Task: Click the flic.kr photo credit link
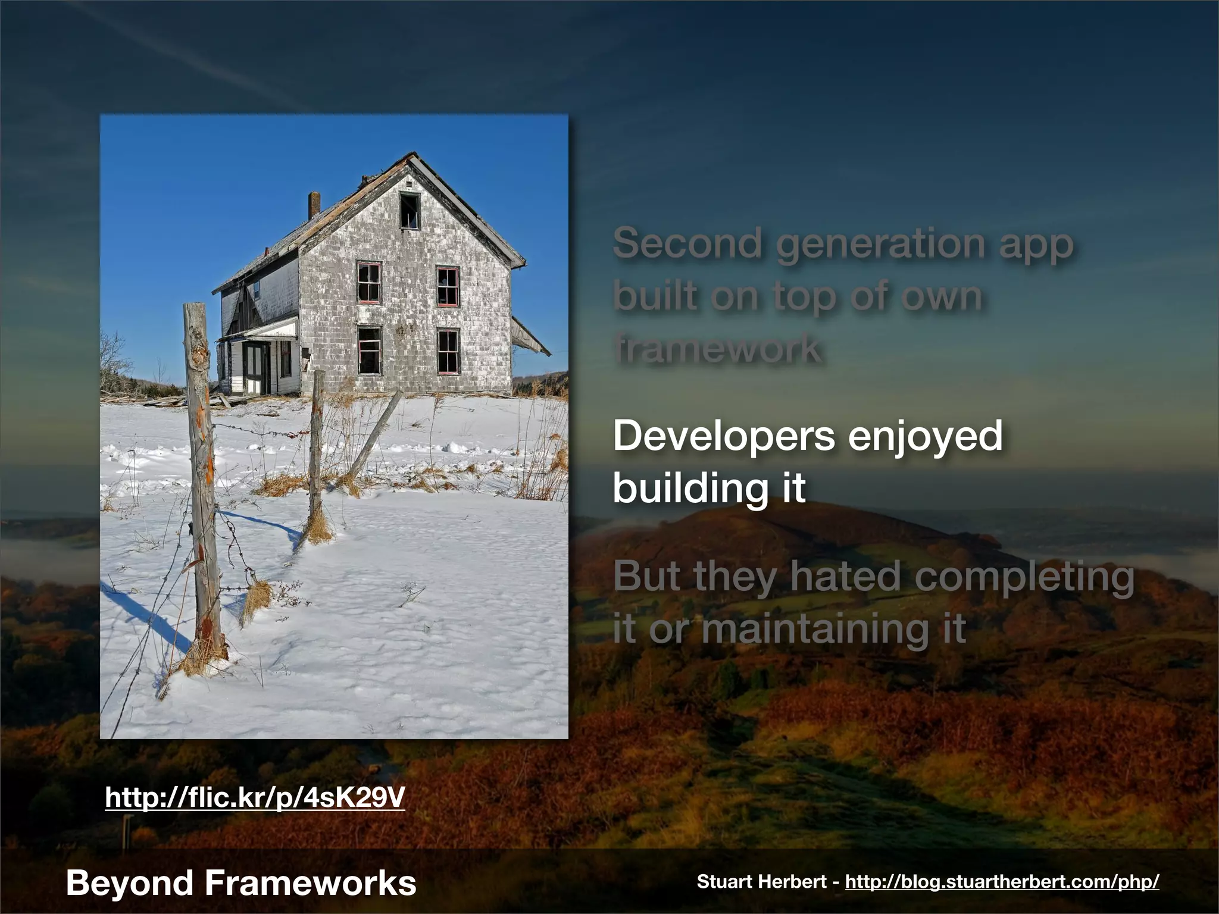click(255, 797)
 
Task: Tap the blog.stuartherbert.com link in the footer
click(1002, 882)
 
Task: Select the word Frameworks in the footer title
click(311, 882)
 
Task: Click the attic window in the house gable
click(410, 210)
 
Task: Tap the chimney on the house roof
click(314, 205)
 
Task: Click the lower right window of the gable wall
click(448, 351)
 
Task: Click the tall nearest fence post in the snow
click(202, 476)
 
